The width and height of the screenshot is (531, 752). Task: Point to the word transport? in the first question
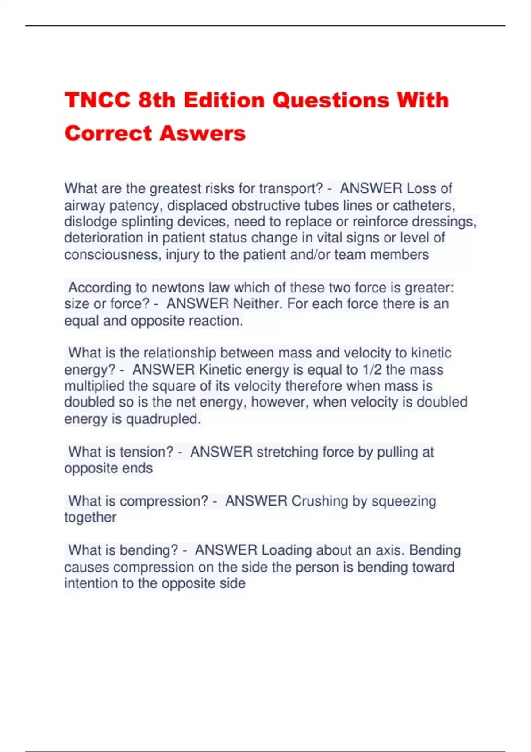pos(291,189)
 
